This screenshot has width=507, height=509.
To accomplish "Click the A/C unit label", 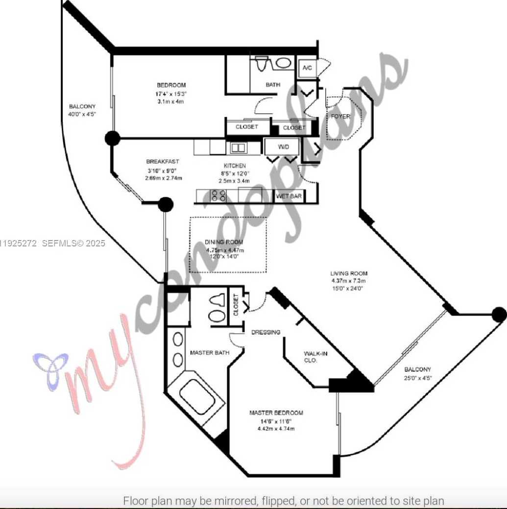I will click(307, 68).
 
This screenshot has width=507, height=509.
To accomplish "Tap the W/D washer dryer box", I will click(284, 146).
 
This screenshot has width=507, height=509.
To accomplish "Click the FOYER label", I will click(340, 117).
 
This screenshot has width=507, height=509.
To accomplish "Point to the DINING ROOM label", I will click(224, 242).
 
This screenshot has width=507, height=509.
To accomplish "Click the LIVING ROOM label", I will click(349, 273).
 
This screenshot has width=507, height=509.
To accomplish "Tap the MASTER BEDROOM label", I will click(276, 413).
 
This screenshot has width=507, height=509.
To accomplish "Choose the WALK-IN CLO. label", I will click(315, 356).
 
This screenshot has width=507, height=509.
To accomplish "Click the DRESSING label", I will click(266, 332).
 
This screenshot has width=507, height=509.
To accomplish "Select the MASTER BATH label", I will click(210, 352).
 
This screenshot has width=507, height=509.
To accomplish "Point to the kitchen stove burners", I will click(218, 196).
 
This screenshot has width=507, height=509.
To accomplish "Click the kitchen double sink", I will click(239, 148).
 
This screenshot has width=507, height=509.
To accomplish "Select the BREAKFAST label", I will click(163, 162).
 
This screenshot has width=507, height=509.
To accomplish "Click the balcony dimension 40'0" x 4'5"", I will click(82, 115).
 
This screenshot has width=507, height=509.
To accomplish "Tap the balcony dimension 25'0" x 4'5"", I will click(417, 378).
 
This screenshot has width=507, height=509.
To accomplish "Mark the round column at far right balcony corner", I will click(499, 315).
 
